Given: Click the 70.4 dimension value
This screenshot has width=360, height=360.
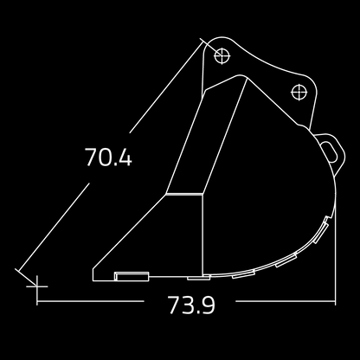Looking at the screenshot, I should [108, 158].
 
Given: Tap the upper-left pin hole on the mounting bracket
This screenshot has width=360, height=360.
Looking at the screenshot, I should [222, 56].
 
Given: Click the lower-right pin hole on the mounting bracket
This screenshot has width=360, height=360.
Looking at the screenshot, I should [300, 91].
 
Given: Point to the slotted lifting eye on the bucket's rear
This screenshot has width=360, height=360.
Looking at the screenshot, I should [330, 149].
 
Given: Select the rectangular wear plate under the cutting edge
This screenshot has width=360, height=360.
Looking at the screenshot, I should [132, 277].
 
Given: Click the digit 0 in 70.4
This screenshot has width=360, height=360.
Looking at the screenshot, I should [102, 158].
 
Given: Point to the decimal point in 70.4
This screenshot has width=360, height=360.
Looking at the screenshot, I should [113, 166].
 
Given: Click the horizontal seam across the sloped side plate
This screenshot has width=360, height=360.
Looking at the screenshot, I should [185, 196].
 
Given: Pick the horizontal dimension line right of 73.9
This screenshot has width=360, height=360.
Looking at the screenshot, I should [286, 302].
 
